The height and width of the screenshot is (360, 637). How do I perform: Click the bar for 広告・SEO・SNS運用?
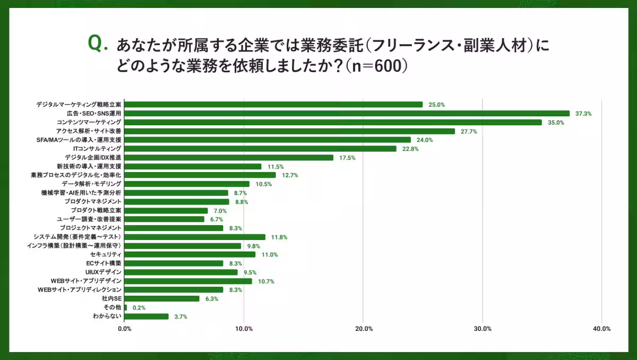click(x=347, y=113)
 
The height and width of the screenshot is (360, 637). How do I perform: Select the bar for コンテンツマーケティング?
click(x=333, y=122)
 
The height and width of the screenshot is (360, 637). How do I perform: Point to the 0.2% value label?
click(x=139, y=307)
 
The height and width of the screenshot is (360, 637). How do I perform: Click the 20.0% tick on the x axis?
click(x=363, y=329)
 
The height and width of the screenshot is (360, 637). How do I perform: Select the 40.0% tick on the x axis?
click(x=601, y=329)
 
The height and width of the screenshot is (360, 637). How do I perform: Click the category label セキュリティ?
click(x=106, y=254)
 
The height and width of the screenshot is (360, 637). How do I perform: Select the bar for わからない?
click(x=147, y=316)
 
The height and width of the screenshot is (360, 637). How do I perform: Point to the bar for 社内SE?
click(x=162, y=298)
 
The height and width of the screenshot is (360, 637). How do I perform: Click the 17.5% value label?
click(x=347, y=158)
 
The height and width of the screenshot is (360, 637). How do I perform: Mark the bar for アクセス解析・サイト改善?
click(x=289, y=131)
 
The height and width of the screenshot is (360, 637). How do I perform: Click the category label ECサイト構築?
click(x=104, y=263)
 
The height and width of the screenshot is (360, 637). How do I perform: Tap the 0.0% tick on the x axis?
click(x=124, y=329)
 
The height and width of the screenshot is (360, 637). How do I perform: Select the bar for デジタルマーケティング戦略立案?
click(x=273, y=105)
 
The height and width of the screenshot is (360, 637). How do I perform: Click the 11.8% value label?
click(x=279, y=237)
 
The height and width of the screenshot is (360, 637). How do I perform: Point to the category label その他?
click(x=112, y=307)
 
